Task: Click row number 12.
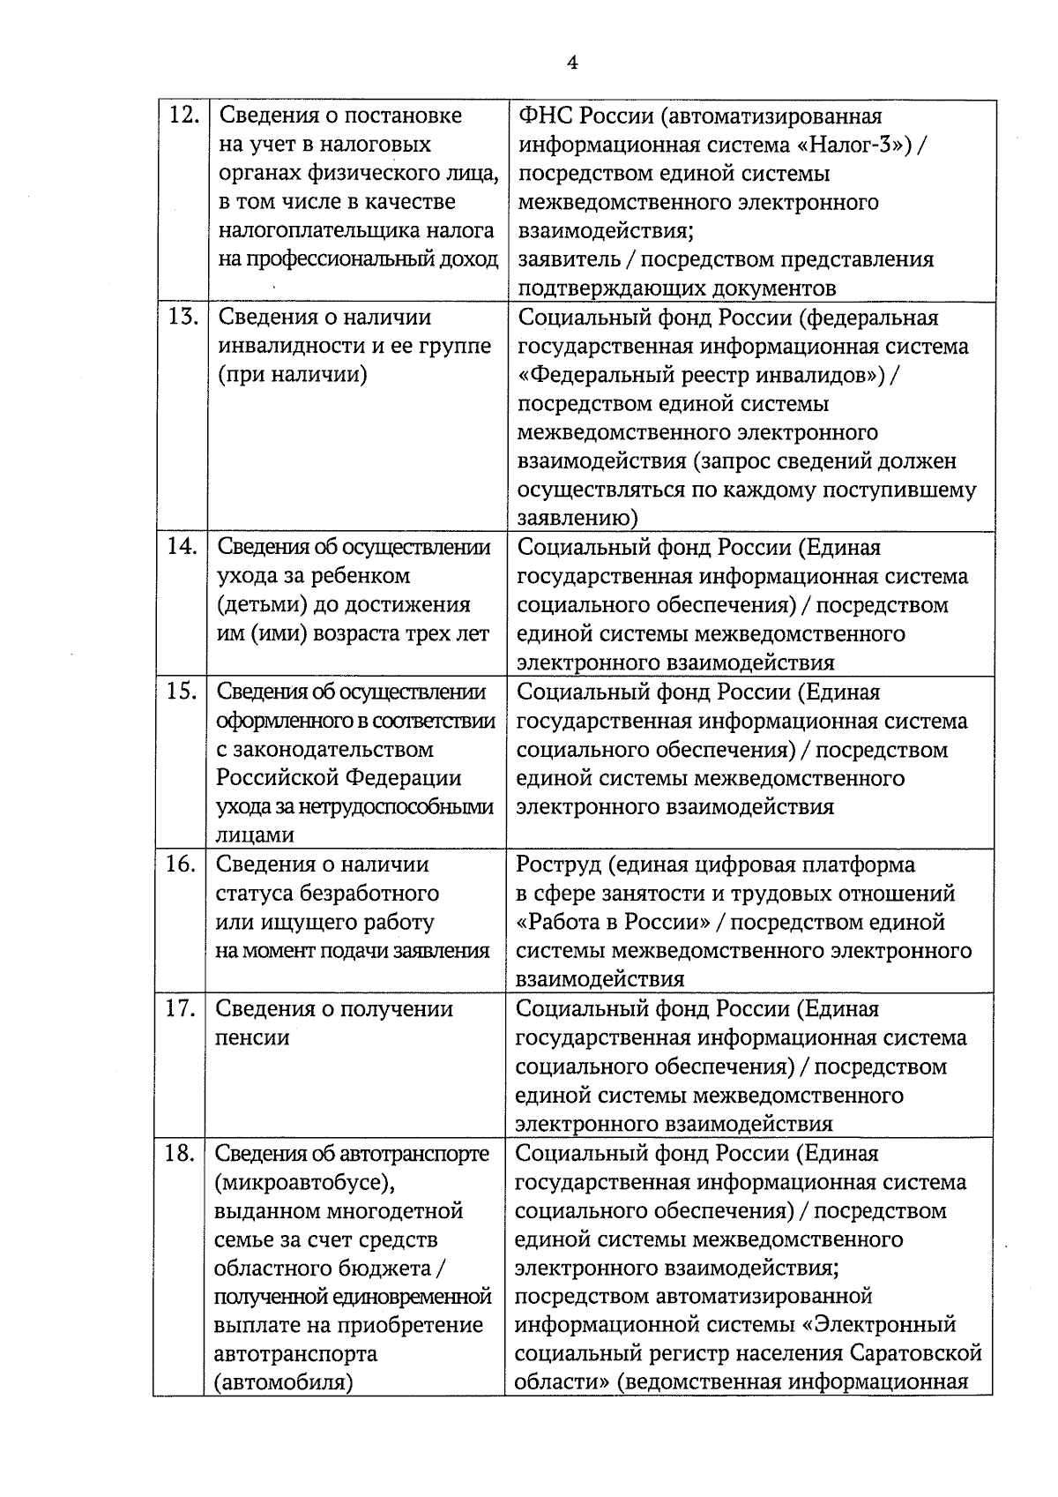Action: coord(183,116)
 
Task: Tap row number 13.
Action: coord(183,317)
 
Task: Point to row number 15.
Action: coord(181,692)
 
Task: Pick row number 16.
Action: coord(180,865)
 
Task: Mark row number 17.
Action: coord(180,1008)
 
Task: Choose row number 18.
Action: coord(179,1153)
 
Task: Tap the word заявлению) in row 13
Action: coord(577,519)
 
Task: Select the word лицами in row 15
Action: coord(255,835)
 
